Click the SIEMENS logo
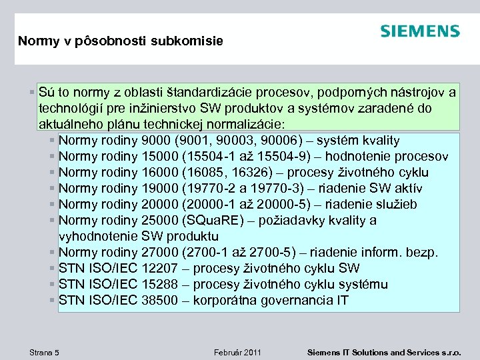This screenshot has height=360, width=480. pyautogui.click(x=420, y=31)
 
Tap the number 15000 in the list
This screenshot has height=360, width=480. pyautogui.click(x=160, y=157)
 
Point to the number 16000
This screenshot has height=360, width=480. pyautogui.click(x=160, y=173)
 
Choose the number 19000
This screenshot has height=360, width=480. pyautogui.click(x=160, y=189)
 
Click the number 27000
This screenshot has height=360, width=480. pyautogui.click(x=160, y=253)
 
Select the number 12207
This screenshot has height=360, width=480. pyautogui.click(x=160, y=269)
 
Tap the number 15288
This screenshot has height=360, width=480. pyautogui.click(x=160, y=285)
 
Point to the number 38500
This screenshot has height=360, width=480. pyautogui.click(x=160, y=301)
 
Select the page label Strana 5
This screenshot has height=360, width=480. pyautogui.click(x=44, y=352)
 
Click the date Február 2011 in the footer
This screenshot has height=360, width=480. pyautogui.click(x=237, y=352)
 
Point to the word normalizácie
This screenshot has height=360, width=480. pyautogui.click(x=241, y=124)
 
